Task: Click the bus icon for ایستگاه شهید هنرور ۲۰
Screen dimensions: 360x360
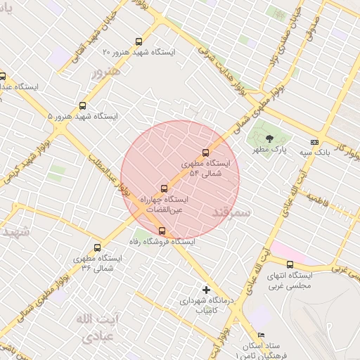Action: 138,41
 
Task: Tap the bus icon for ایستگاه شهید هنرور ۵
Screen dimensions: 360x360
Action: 83,105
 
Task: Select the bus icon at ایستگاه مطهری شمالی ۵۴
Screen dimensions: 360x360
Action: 205,153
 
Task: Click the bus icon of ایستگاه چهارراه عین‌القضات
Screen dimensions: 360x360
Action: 164,188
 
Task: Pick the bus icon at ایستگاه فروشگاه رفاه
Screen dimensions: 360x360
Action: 162,231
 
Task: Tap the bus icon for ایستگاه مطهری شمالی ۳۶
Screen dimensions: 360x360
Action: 97,247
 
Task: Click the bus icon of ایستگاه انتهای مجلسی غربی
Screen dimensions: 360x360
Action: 289,264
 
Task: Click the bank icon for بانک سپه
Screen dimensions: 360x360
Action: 314,141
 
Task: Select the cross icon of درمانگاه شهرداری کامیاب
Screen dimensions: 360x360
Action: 205,289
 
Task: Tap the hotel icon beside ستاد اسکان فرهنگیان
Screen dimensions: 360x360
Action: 262,335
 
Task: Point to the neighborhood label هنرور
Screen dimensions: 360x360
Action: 106,71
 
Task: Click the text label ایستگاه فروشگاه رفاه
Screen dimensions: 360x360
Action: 162,241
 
